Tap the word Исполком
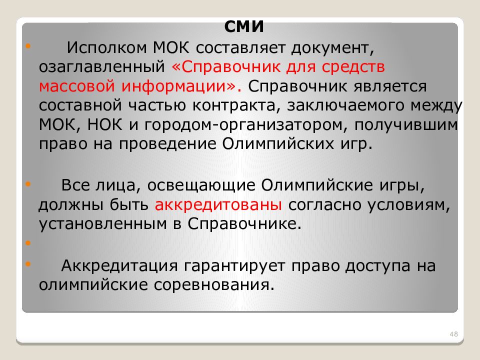[x=102, y=48]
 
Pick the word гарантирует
[x=240, y=266]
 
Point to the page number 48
[x=454, y=333]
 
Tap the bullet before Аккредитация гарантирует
[x=27, y=263]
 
